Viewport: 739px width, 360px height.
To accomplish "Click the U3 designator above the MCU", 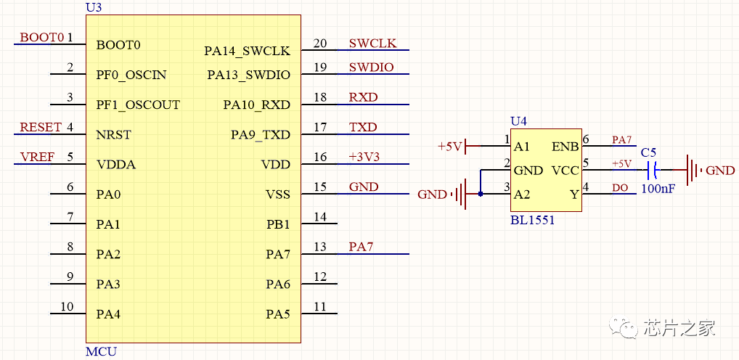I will pyautogui.click(x=93, y=7).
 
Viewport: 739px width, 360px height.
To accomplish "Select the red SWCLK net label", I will pyautogui.click(x=372, y=44).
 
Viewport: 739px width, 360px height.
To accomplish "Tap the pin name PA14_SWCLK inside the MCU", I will pyautogui.click(x=247, y=51).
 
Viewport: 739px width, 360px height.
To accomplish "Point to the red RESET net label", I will pyautogui.click(x=41, y=128).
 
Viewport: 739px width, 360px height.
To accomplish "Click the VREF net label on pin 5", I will pyautogui.click(x=37, y=157).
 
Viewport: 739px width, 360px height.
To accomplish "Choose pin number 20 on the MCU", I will pyautogui.click(x=320, y=44).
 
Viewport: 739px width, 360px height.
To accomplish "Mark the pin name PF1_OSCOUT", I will pyautogui.click(x=138, y=105).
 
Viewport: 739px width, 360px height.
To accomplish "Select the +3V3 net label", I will pyautogui.click(x=364, y=157).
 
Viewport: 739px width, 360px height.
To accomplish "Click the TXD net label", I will pyautogui.click(x=363, y=128).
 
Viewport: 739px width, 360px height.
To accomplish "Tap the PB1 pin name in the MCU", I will pyautogui.click(x=278, y=224).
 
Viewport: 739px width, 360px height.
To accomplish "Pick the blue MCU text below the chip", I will pyautogui.click(x=101, y=352).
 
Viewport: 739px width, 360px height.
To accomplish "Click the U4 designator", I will pyautogui.click(x=519, y=121).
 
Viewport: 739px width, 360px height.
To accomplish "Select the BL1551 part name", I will pyautogui.click(x=532, y=220).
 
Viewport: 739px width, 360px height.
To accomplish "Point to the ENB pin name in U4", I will pyautogui.click(x=566, y=147).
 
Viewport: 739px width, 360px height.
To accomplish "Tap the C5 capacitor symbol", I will pyautogui.click(x=653, y=171).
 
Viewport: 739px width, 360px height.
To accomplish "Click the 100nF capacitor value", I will pyautogui.click(x=658, y=189).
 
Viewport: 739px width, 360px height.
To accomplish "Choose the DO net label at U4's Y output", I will pyautogui.click(x=620, y=188).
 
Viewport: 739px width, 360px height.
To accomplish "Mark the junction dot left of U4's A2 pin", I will pyautogui.click(x=480, y=195).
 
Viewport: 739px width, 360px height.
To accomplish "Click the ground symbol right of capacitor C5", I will pyautogui.click(x=694, y=171).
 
